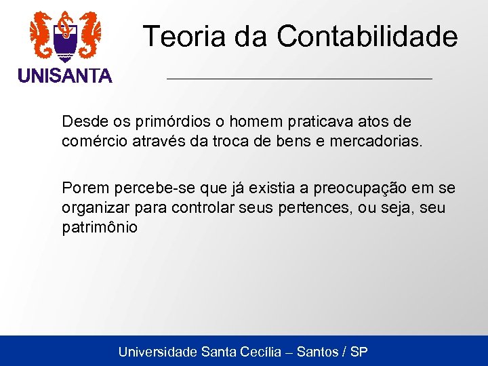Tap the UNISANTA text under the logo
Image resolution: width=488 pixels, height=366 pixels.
coord(65,77)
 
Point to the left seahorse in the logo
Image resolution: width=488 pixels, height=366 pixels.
coord(42,34)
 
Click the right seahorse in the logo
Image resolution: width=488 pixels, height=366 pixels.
coord(89,34)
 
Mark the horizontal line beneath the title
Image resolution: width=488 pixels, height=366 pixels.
coord(299,79)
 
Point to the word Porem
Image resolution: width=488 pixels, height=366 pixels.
coord(82,188)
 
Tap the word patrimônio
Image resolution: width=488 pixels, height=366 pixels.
coord(100,228)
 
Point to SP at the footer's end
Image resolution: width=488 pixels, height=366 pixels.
coord(359,352)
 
